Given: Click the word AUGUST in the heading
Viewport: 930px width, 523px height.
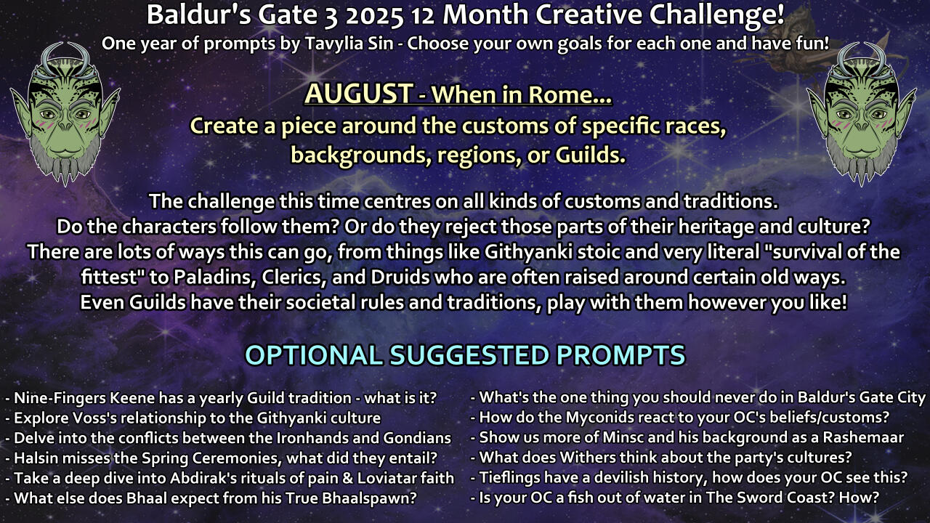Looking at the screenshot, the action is [x=359, y=94].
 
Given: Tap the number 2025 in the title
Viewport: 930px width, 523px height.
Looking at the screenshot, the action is [x=374, y=16].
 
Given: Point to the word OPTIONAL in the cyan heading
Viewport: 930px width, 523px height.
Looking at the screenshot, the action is [x=314, y=355].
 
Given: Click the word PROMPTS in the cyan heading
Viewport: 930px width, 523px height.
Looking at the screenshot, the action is [x=620, y=355].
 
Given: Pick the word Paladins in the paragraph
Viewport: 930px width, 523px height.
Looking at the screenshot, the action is [x=214, y=277].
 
